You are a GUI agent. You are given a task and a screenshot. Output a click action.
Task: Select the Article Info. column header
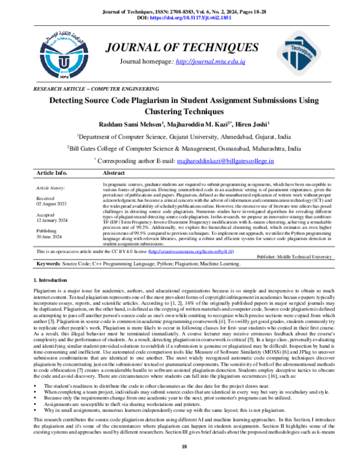[x=52, y=172]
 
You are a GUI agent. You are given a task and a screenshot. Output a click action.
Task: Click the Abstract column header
[x=115, y=172]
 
